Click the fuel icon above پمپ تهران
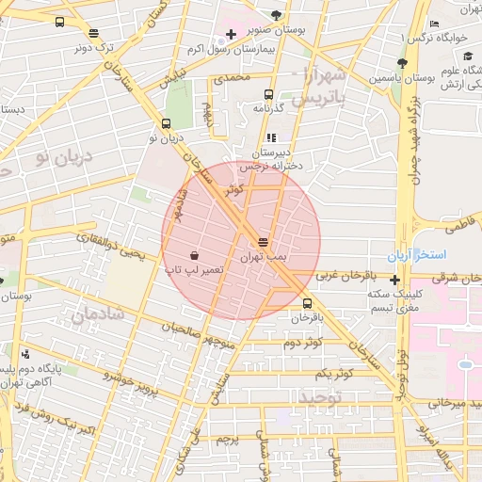click(263, 242)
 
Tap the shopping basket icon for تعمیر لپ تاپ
click(194, 255)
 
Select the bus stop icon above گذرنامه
click(269, 94)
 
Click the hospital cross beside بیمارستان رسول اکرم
click(231, 35)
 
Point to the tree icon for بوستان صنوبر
click(276, 14)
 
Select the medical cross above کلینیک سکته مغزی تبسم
click(394, 280)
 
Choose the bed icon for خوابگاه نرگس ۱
click(434, 24)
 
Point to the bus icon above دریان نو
click(167, 123)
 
